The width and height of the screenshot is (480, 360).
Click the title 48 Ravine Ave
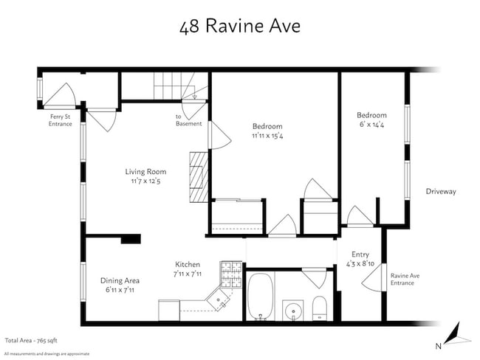[239, 27]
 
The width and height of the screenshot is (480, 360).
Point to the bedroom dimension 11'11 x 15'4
[267, 136]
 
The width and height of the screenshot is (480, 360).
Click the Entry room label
[360, 255]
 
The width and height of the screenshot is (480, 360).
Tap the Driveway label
[441, 192]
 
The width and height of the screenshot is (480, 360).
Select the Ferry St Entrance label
[61, 120]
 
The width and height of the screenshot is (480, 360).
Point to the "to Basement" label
[188, 120]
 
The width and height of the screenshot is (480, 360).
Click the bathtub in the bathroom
[261, 297]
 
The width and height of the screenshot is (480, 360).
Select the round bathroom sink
[293, 309]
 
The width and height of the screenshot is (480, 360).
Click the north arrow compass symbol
[458, 336]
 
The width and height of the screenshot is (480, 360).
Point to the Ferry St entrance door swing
[61, 94]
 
